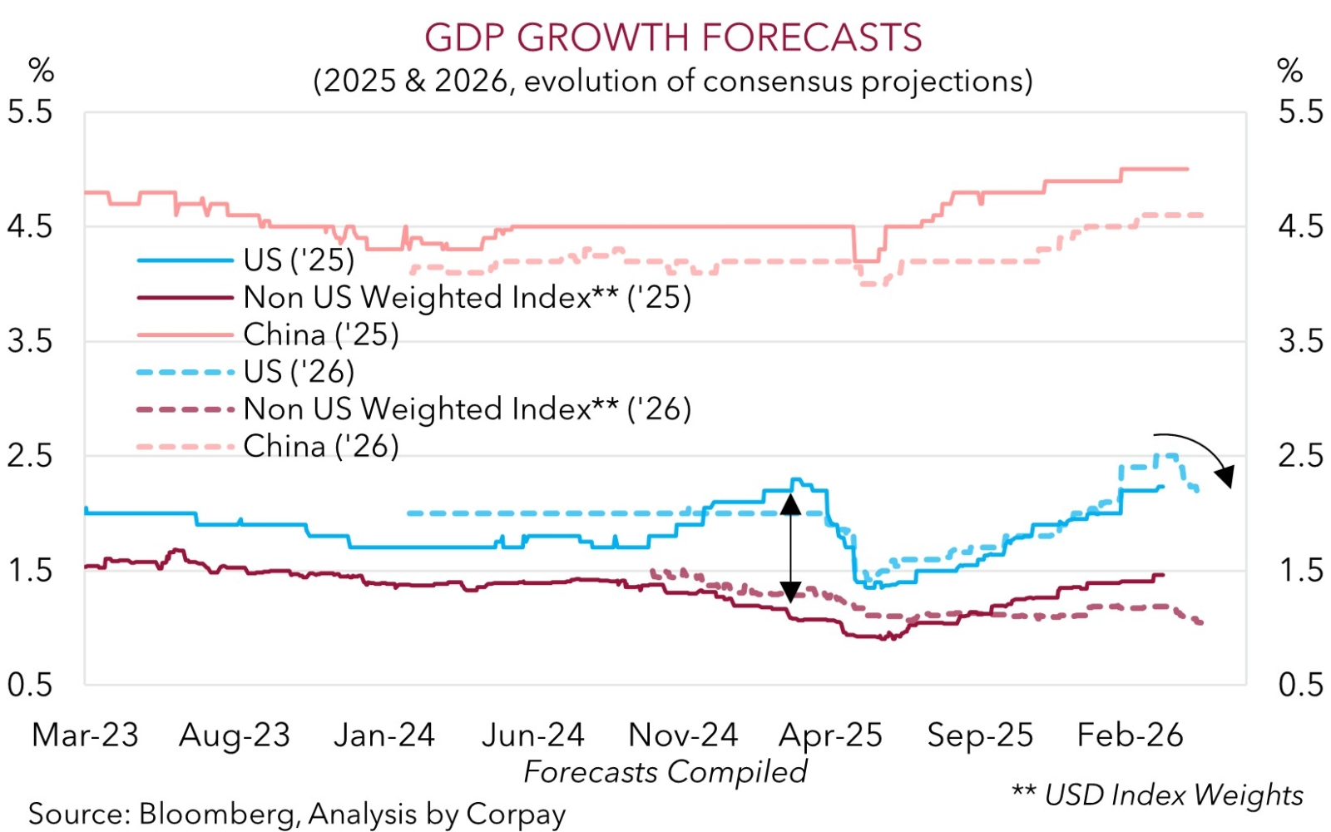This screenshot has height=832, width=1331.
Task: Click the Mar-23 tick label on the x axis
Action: [x=85, y=735]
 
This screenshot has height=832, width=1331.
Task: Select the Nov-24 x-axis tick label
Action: [x=682, y=735]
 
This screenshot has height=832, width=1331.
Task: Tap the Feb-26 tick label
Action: [x=1130, y=735]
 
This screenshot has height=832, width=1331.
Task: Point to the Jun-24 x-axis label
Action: [x=533, y=735]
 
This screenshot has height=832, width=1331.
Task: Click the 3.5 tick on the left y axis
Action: [x=30, y=341]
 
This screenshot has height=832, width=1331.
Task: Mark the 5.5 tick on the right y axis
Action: [x=1300, y=111]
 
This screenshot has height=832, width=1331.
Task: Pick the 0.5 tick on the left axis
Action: [x=30, y=686]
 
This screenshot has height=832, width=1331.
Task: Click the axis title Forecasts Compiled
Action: [x=665, y=772]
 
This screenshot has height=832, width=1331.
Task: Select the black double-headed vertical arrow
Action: [x=790, y=547]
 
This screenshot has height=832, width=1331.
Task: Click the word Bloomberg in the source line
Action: [x=215, y=814]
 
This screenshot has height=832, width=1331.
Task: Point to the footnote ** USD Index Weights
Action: [x=1157, y=795]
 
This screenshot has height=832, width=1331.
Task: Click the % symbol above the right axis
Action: [x=1289, y=71]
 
